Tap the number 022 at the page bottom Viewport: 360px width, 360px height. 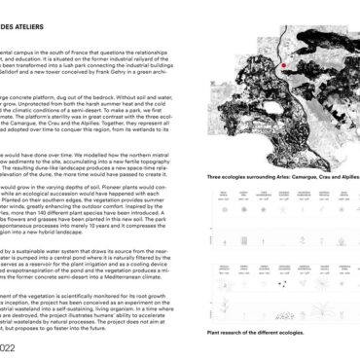[9, 344]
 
